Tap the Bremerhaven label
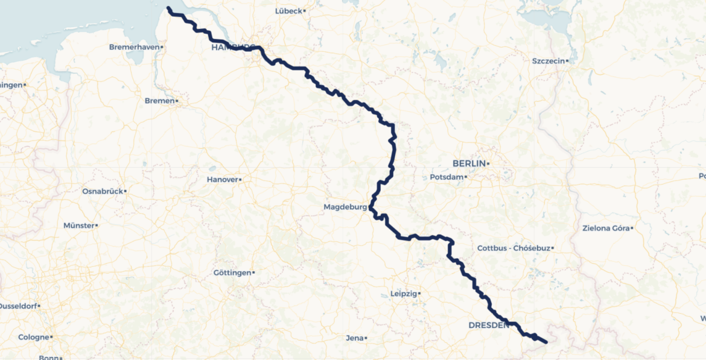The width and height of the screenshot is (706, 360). [x=133, y=47]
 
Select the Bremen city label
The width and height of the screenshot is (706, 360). [x=159, y=101]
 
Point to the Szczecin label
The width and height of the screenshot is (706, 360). [x=548, y=61]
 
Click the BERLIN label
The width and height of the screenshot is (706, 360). [x=469, y=163]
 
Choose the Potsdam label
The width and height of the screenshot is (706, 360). [x=446, y=177]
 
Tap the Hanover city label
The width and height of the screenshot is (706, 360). [x=222, y=180]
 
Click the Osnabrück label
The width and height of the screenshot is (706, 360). [x=102, y=191]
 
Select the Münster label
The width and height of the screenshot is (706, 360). [x=79, y=226]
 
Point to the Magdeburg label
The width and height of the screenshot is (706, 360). [x=345, y=207]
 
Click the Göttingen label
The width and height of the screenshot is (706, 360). [x=232, y=273]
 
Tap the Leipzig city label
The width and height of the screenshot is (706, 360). [x=404, y=294]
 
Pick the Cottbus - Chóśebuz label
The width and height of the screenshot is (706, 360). [x=513, y=248]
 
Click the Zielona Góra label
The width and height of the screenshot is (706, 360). [x=605, y=228]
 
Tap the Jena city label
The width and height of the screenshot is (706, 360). [x=354, y=338]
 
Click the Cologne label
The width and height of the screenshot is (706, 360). [x=33, y=337]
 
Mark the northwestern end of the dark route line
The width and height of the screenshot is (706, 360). [x=168, y=8]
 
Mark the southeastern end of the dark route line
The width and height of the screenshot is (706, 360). [x=545, y=342]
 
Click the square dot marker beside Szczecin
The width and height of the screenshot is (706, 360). [x=568, y=61]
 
